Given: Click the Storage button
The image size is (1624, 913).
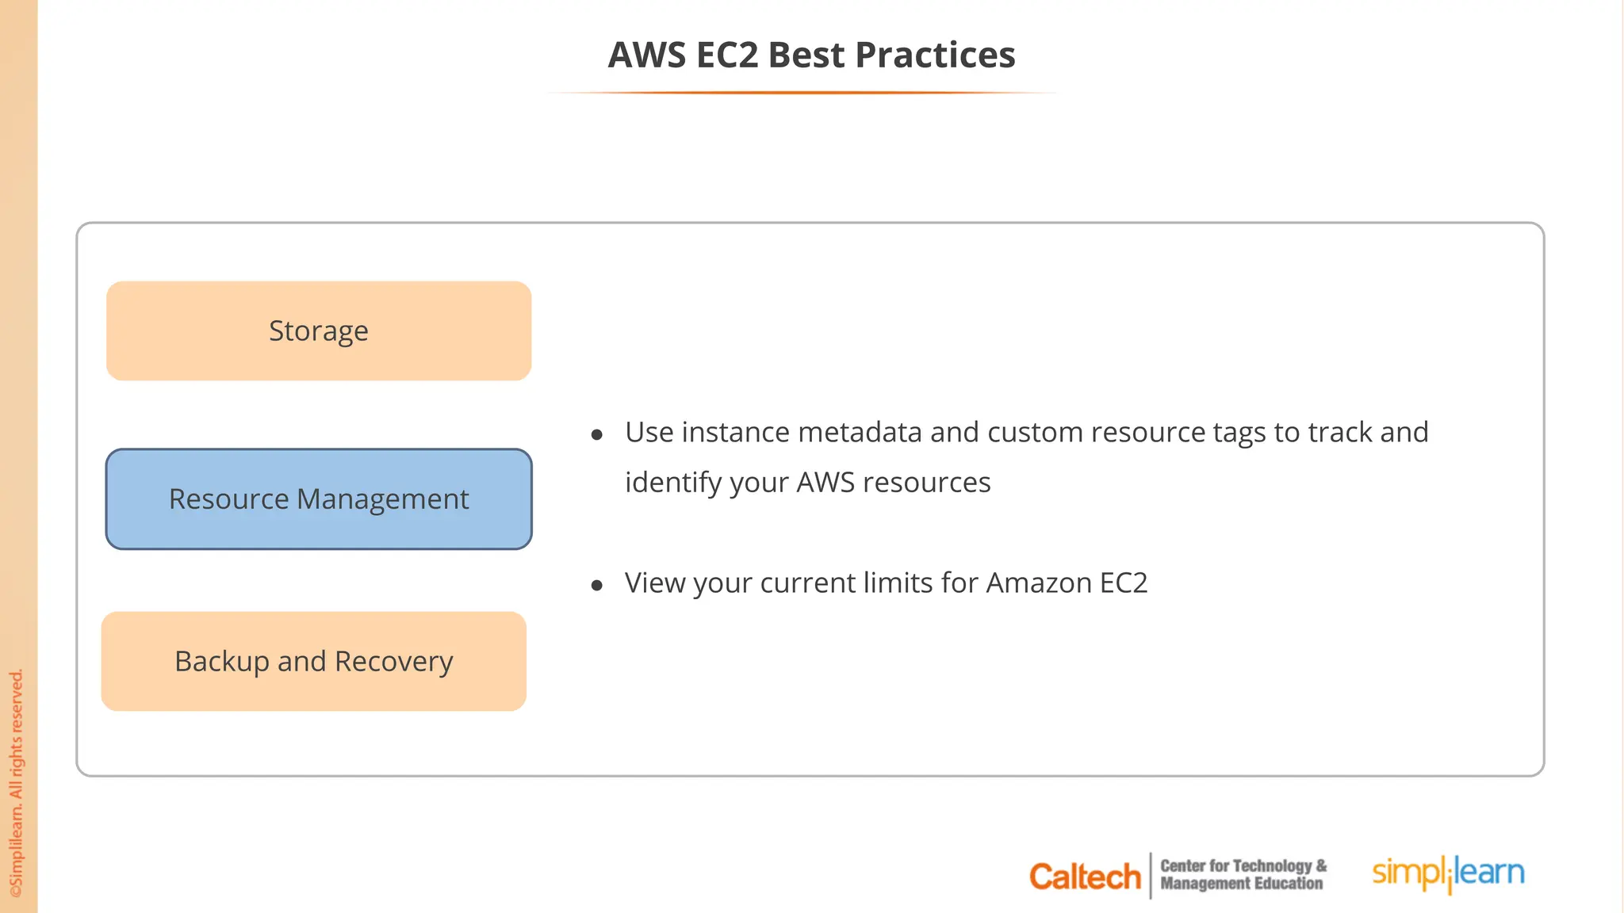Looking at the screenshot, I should pos(319,330).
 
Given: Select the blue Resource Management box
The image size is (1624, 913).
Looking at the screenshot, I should pos(319,499).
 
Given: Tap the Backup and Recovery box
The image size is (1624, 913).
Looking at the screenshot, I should pos(314,661).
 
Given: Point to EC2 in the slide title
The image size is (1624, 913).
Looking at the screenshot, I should pos(727,55).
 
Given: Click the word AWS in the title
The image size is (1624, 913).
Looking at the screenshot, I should pos(647,55).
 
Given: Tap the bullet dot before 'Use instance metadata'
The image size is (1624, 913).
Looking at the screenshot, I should pos(597,434).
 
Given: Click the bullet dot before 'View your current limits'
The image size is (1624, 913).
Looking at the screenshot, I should pos(597,586).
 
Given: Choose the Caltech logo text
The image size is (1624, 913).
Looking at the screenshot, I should pos(1084,877).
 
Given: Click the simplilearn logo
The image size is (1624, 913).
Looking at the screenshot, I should pos(1448,873).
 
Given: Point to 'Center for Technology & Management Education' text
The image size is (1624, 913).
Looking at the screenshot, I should pos(1243,875).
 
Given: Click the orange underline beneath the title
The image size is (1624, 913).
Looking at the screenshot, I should pos(802,93).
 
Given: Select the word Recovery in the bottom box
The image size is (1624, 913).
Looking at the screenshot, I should pos(393,661).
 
